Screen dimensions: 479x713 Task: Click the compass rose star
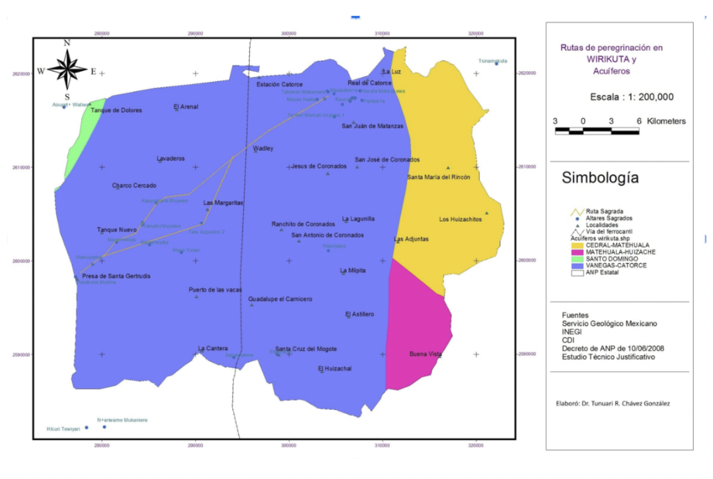point(67,70)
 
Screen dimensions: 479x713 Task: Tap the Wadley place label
point(263,148)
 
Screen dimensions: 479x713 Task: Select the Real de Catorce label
point(369,83)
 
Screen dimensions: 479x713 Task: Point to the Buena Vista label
point(425,354)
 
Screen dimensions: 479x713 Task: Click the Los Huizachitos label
point(460,219)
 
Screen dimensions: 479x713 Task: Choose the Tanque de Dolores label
point(116,110)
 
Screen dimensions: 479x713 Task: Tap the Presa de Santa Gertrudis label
point(116,277)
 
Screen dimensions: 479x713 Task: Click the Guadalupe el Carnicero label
point(280,299)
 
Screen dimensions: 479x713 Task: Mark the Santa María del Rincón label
point(437,177)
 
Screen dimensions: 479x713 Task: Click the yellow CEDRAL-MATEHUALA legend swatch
point(576,246)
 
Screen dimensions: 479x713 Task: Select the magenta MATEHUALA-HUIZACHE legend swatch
point(576,252)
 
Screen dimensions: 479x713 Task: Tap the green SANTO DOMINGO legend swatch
point(576,259)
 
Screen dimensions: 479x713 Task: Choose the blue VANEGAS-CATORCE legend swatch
point(576,265)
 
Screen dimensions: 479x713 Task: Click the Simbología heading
point(600,178)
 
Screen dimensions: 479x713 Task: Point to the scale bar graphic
point(597,131)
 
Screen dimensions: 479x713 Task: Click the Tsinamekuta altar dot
point(497,64)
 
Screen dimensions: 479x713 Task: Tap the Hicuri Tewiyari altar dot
point(86,428)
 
